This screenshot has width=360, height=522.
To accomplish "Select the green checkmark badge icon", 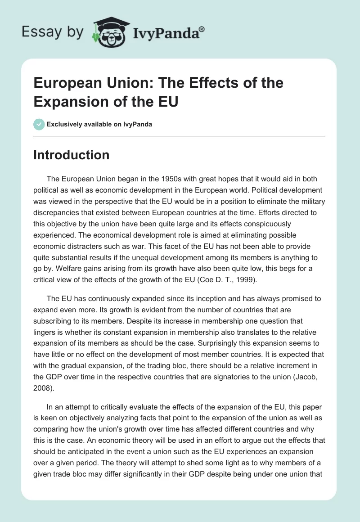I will tap(39, 124).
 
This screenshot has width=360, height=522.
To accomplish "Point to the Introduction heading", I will tap(72, 155).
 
